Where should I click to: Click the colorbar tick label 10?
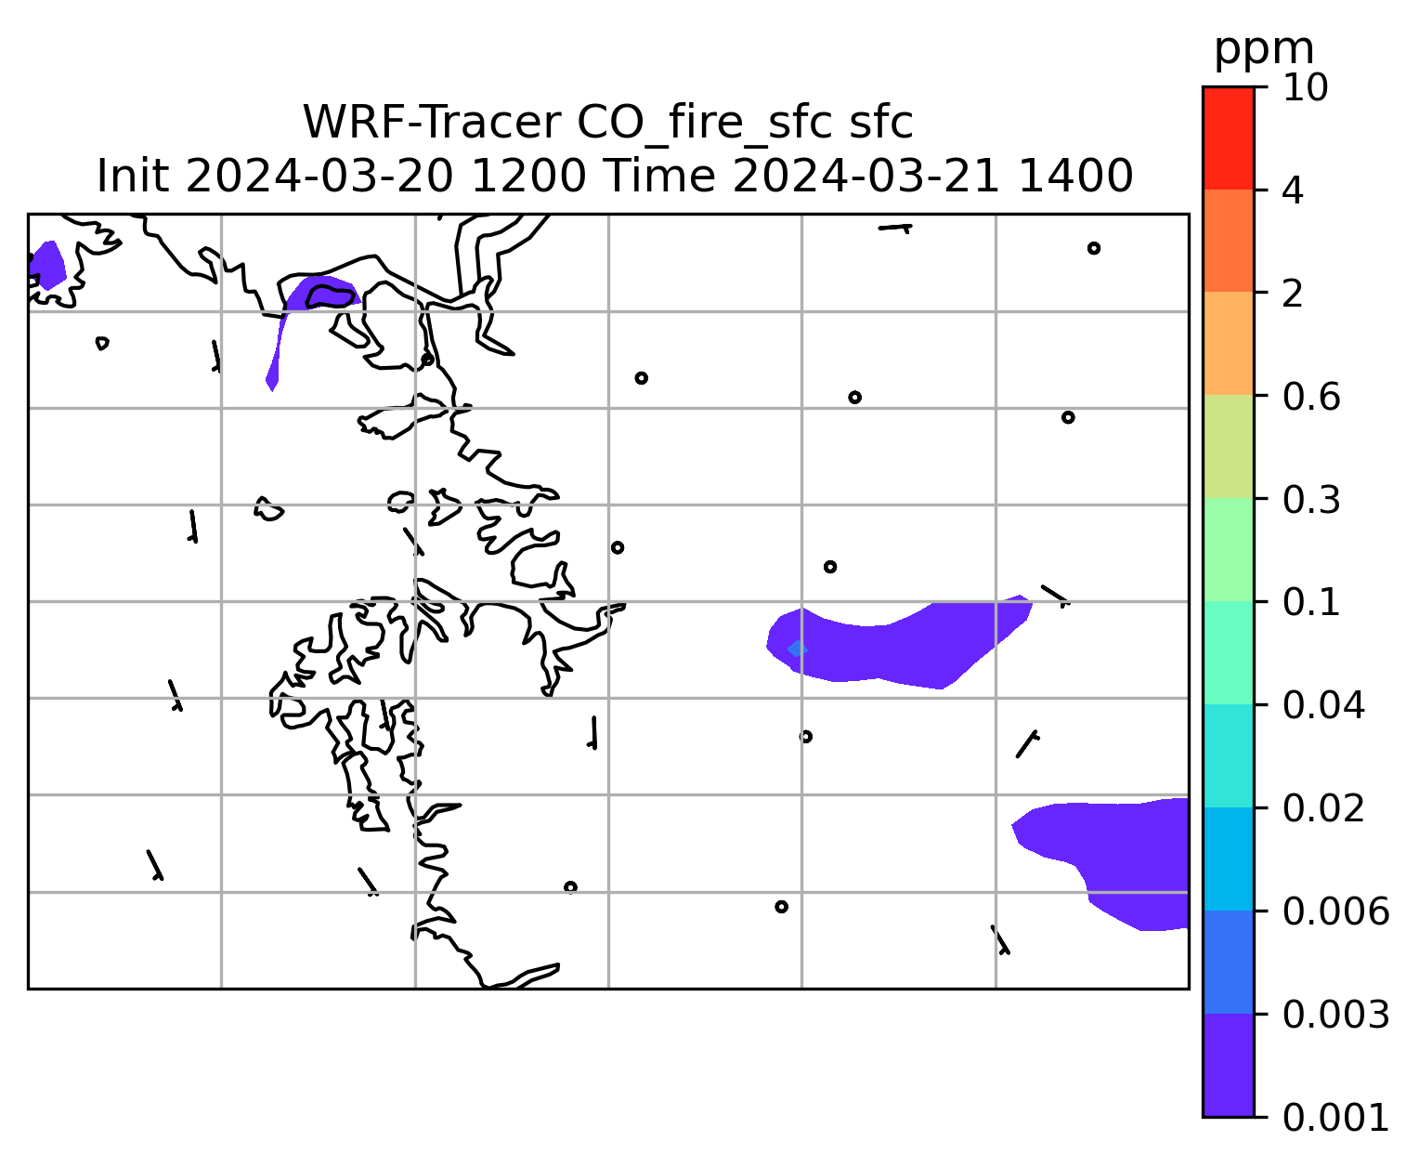[x=1305, y=87]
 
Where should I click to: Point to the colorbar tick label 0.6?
[x=1310, y=397]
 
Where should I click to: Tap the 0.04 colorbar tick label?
[x=1322, y=705]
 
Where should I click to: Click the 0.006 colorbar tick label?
[x=1335, y=911]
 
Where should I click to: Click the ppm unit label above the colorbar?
[x=1264, y=50]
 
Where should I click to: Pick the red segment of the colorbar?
[x=1228, y=138]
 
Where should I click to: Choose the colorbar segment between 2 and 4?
[x=1228, y=241]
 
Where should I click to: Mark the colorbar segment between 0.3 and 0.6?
[x=1228, y=446]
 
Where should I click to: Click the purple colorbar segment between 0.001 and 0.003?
[x=1228, y=1065]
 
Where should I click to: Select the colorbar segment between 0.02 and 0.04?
[x=1228, y=755]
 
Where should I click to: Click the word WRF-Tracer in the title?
[x=431, y=123]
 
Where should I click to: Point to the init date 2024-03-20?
[x=319, y=177]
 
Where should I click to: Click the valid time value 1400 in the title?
[x=1075, y=177]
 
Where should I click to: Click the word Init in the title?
[x=133, y=177]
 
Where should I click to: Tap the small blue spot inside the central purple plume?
[x=798, y=649]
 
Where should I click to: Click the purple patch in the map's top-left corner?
[x=47, y=265]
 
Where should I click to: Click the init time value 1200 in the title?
[x=528, y=177]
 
